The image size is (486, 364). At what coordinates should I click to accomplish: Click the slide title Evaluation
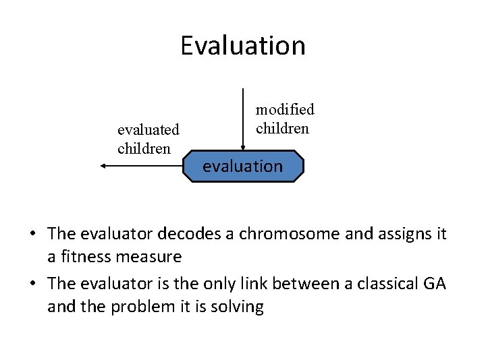(243, 46)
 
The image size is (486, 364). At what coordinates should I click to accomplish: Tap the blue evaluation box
(243, 166)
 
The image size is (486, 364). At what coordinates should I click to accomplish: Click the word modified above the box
(285, 109)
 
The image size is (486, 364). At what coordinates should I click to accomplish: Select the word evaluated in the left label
(148, 129)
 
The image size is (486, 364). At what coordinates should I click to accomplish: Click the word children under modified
(282, 128)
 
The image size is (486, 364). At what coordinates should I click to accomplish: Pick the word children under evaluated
(144, 148)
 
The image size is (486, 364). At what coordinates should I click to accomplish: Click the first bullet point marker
(32, 234)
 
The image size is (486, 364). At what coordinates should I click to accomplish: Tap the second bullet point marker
(32, 284)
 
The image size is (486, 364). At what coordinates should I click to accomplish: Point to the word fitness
(84, 257)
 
